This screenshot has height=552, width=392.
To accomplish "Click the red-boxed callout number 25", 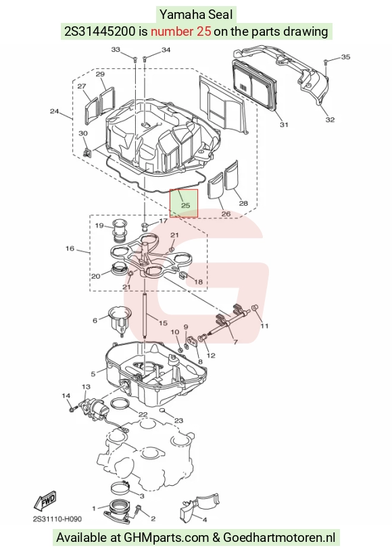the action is coord(185,205).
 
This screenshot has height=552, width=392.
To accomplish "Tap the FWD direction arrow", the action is coord(45,501).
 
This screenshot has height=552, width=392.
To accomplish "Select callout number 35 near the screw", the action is coord(345,57).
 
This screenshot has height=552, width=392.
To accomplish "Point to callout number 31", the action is coord(284,124).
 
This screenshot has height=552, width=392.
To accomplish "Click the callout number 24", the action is coord(54,111).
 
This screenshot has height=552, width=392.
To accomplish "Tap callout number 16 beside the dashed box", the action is coord(70,248).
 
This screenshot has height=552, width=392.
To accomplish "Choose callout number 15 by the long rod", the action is coord(163,323).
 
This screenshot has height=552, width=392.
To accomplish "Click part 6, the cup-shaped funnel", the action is coord(120,321).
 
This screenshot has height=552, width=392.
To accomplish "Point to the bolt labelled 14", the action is coord(73,410).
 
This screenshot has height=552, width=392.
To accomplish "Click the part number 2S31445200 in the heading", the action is coord(100,32).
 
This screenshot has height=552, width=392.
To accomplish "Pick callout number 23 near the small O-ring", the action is coord(179,420).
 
